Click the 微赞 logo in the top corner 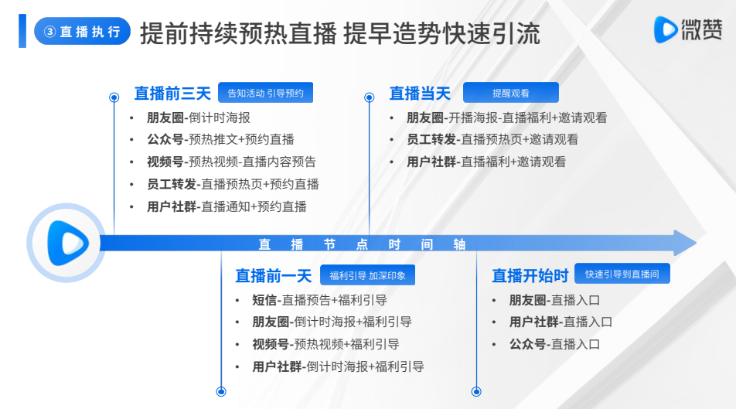coord(688,29)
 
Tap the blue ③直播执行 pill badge coord(82,31)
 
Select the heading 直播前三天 coord(172,93)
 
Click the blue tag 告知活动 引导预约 coord(266,93)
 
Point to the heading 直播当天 coord(420,93)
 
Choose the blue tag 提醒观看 coord(511,93)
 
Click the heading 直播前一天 coord(274,276)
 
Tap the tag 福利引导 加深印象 coord(367,275)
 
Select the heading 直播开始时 coord(530,276)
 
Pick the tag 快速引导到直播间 coord(622,274)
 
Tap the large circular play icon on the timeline coord(66,243)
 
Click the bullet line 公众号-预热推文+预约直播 coord(220,139)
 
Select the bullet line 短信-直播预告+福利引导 coord(319,300)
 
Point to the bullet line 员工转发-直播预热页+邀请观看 coord(492,139)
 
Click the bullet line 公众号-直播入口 coord(555,344)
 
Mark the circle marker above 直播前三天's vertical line coord(114,97)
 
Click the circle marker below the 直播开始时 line coord(476,391)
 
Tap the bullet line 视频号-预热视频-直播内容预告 coord(231,162)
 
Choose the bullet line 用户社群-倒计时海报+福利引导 coord(338,366)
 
